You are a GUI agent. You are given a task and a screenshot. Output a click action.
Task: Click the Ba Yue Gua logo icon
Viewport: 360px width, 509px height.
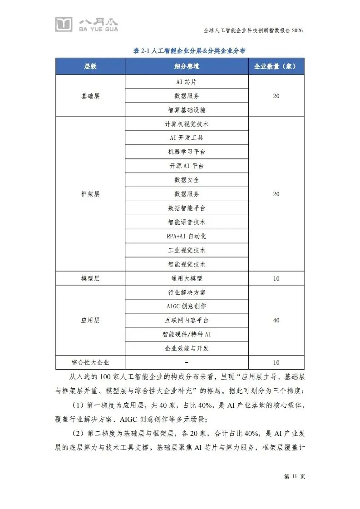[64, 24]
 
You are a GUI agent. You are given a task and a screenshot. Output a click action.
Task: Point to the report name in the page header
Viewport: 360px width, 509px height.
[253, 30]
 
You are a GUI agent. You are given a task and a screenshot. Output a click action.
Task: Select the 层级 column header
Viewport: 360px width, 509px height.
[90, 66]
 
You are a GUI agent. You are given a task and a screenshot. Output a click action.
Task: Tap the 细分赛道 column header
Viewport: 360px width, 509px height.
[187, 66]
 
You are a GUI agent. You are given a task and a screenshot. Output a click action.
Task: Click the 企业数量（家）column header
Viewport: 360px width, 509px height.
[276, 66]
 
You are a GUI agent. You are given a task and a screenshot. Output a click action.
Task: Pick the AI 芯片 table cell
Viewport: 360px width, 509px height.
[187, 82]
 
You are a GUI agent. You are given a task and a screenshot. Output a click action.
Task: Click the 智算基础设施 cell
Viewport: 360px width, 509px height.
[187, 110]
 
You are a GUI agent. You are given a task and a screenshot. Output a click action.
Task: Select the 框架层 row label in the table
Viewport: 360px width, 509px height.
[90, 194]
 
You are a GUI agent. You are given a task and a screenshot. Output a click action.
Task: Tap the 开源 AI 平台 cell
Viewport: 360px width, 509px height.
[187, 166]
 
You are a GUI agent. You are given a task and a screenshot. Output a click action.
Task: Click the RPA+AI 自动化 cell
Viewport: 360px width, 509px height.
[187, 237]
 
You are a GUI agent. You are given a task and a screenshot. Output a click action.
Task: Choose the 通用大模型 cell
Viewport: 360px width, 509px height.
[187, 278]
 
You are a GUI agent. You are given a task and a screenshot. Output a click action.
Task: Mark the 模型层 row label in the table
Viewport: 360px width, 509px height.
[90, 278]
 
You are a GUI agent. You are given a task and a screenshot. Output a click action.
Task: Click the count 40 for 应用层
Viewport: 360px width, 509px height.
[276, 321]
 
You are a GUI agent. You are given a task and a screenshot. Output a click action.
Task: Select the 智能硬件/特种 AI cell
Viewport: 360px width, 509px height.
[187, 335]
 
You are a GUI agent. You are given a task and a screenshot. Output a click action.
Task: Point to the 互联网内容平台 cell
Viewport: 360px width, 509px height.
[187, 321]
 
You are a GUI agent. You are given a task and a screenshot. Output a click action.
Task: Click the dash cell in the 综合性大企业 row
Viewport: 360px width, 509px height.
[187, 362]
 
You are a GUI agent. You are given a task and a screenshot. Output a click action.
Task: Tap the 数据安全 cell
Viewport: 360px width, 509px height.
[187, 180]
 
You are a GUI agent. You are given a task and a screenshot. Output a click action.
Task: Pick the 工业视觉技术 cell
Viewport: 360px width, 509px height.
[187, 250]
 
